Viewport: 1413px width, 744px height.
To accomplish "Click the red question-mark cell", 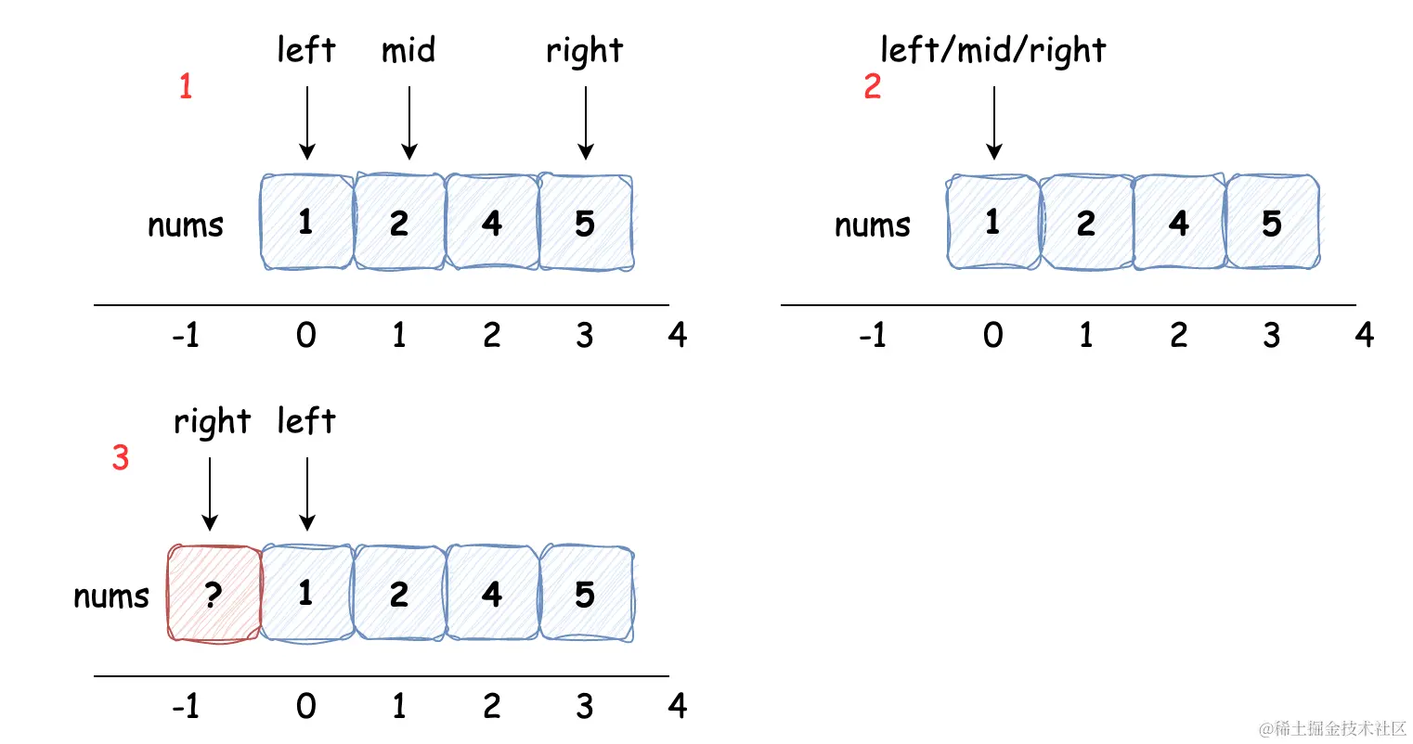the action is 214,594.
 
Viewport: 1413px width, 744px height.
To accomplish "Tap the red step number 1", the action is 186,86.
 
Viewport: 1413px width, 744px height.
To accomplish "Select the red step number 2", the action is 873,86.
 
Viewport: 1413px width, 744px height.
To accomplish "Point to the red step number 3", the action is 121,457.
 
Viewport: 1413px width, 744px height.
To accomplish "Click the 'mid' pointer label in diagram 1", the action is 408,50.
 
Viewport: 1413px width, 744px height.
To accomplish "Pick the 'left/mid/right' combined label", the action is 992,50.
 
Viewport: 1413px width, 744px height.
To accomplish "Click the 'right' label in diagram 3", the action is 212,422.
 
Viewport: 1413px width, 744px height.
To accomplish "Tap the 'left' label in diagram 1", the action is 306,49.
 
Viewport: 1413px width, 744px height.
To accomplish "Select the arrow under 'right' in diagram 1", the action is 586,123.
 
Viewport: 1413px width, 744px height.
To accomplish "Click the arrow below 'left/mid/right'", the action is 994,123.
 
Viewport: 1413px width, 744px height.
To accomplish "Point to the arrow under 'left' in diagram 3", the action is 307,494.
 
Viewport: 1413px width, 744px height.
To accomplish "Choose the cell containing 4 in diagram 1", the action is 492,222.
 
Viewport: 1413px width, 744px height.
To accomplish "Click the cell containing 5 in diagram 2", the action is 1272,222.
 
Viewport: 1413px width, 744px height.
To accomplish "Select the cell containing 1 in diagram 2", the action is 992,222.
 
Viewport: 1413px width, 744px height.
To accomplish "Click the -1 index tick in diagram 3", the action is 186,706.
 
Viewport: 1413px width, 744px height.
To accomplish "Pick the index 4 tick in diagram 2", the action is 1365,335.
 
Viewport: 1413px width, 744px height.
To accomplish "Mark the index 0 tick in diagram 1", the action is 306,335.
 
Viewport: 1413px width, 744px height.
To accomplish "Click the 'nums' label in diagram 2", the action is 873,225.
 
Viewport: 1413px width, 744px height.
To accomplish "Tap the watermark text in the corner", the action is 1332,728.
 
